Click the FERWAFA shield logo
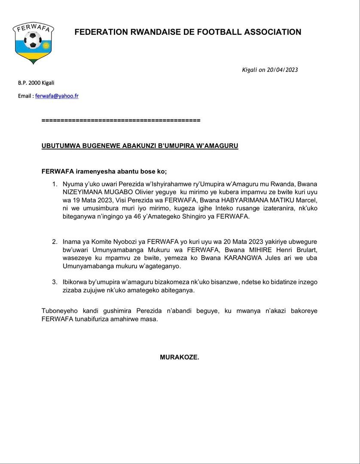33,43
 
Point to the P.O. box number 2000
34,83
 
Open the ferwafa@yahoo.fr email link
57,96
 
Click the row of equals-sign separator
121,120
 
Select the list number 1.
55,184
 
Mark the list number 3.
55,282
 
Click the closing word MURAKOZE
180,357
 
